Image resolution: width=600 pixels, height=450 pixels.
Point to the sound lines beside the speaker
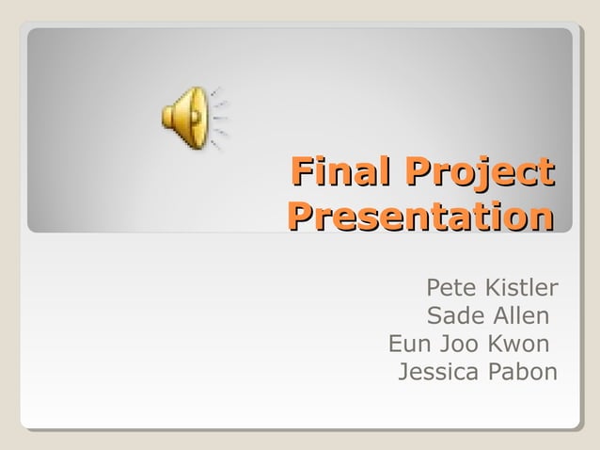(218, 119)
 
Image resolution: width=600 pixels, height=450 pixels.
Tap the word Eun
(408, 343)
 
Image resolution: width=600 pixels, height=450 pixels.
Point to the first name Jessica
(437, 372)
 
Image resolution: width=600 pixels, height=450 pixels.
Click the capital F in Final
(300, 173)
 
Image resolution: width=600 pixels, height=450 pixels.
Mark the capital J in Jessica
(404, 372)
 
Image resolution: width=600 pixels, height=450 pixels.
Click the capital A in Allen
(491, 314)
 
